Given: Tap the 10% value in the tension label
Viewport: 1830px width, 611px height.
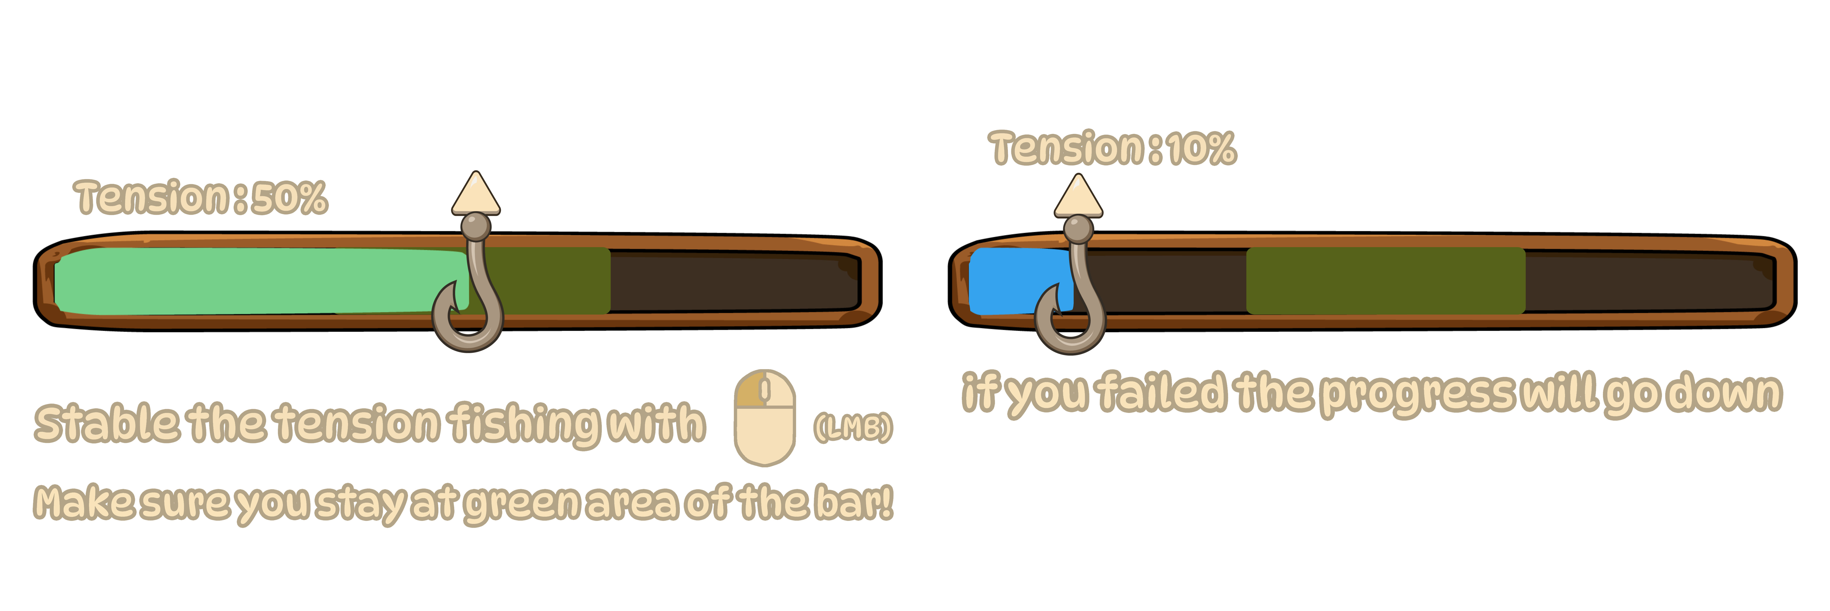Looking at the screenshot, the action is [x=1202, y=148].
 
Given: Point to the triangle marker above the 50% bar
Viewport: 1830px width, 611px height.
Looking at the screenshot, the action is [x=476, y=195].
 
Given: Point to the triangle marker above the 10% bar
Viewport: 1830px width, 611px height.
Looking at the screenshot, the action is [x=1078, y=197].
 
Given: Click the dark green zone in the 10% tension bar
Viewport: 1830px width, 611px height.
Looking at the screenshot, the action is [x=1385, y=281].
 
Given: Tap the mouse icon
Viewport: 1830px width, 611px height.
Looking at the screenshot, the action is [x=764, y=418].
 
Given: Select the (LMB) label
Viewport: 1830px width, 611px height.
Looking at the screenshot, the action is [x=853, y=427].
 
